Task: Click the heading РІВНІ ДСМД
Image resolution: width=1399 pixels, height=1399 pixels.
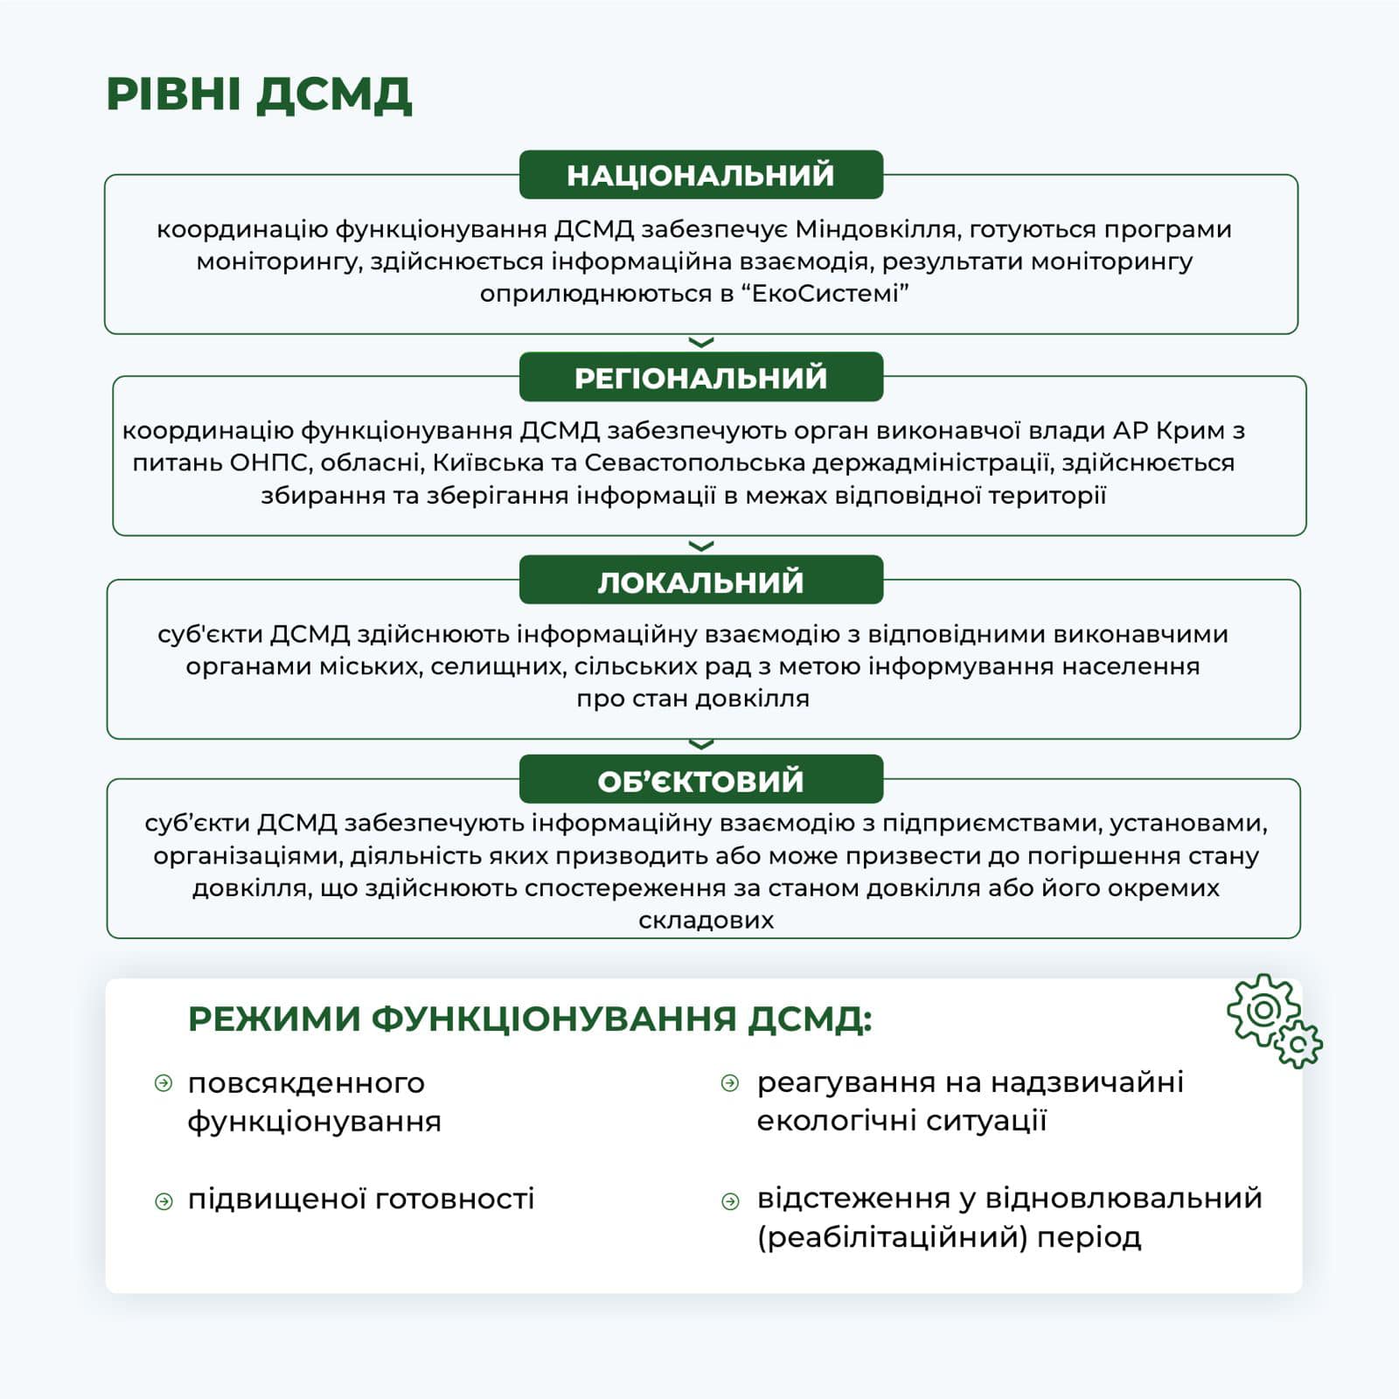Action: (x=259, y=94)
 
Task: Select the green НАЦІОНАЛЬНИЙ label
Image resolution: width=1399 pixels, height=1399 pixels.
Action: (x=700, y=175)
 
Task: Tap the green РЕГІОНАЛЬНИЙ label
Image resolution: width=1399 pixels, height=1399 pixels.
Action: (x=700, y=378)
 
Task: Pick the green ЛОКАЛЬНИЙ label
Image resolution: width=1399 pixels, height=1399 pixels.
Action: (x=700, y=581)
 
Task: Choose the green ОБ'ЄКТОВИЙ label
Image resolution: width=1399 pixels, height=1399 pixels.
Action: (x=700, y=781)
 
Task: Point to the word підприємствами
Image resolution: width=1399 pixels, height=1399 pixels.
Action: (x=992, y=823)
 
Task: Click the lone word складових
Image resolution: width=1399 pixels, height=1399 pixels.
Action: (x=706, y=920)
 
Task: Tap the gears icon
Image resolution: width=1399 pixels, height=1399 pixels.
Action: (x=1274, y=1020)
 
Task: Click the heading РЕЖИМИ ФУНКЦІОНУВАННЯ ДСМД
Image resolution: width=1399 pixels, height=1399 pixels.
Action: (x=530, y=1020)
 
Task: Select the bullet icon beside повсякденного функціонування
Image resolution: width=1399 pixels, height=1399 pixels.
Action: (x=164, y=1084)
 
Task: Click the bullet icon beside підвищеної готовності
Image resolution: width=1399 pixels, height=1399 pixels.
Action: (x=164, y=1201)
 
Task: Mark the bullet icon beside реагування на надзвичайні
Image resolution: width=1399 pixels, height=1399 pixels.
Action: (x=730, y=1084)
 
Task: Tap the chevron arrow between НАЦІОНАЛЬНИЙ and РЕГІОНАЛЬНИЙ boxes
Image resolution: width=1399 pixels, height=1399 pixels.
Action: (x=701, y=343)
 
